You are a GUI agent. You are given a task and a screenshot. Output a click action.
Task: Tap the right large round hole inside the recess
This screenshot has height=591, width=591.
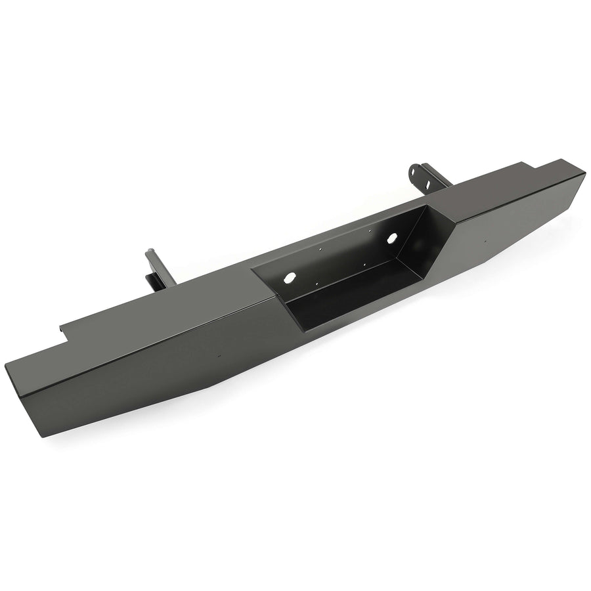coord(395,240)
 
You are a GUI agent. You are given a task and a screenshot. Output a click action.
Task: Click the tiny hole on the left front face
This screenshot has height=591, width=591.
coord(219,357)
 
